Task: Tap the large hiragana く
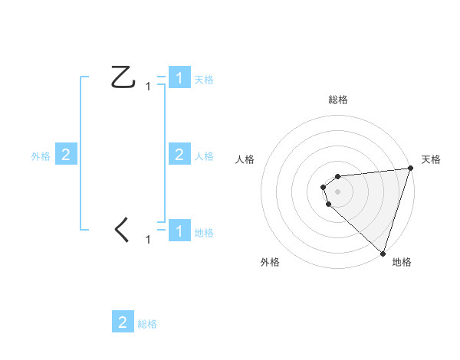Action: (122, 230)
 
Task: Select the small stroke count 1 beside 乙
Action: (148, 87)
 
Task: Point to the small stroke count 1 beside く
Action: (148, 240)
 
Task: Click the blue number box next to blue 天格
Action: (179, 78)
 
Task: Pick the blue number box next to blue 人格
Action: (179, 155)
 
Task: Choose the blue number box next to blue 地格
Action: (179, 231)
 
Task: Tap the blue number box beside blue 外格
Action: (66, 155)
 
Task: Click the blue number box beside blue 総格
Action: (123, 322)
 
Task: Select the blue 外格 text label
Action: (41, 156)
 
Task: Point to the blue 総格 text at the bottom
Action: (147, 324)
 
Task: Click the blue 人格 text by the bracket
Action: (204, 156)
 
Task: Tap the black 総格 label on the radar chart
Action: (338, 100)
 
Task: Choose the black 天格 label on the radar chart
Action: (432, 159)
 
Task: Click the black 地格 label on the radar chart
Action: (402, 262)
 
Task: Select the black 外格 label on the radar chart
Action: (270, 262)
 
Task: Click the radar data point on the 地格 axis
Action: (383, 253)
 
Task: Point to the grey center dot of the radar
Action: (338, 191)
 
